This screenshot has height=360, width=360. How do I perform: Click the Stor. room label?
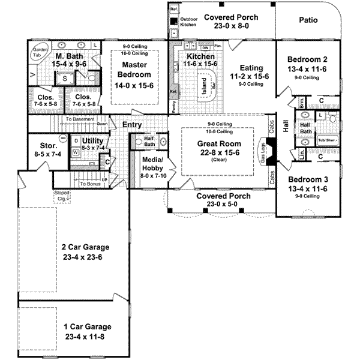(x=48, y=146)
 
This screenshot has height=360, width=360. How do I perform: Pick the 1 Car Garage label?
(x=88, y=327)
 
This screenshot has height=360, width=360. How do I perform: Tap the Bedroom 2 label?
(x=307, y=60)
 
